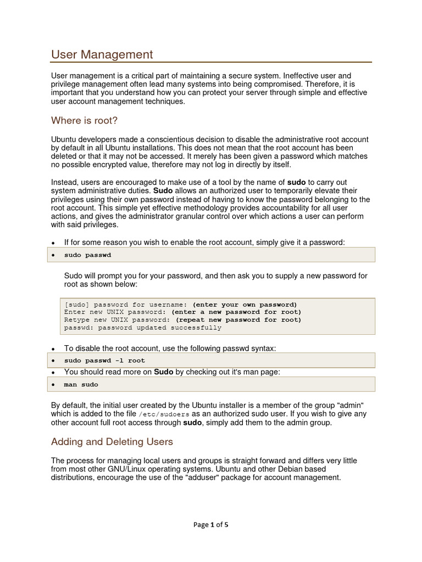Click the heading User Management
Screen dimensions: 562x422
102,54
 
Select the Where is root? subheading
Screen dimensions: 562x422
84,120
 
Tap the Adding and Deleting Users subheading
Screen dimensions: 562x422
112,441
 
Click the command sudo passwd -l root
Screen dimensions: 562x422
104,361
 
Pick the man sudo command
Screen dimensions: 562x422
81,385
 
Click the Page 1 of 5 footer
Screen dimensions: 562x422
210,524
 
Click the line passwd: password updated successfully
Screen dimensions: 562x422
143,328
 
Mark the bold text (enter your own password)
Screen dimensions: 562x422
245,305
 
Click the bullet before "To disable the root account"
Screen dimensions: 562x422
53,349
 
